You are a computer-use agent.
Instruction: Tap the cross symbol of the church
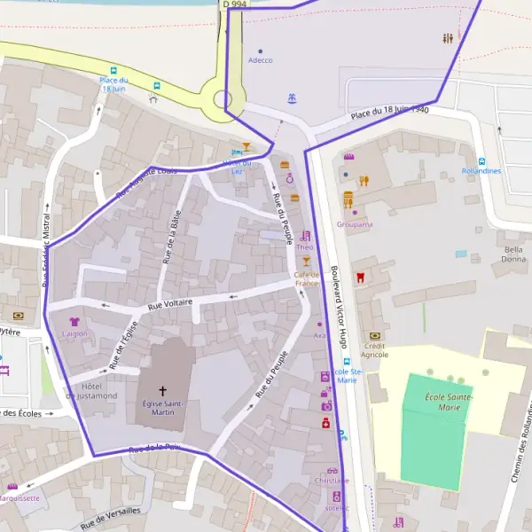click(162, 390)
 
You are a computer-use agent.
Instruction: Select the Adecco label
click(260, 60)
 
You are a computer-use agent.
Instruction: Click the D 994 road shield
click(233, 4)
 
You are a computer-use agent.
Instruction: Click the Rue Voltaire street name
click(169, 303)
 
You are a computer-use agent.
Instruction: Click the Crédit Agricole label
click(374, 349)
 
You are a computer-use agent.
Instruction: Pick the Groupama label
click(354, 224)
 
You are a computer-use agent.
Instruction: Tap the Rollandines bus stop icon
click(481, 161)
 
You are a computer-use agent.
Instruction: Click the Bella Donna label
click(513, 254)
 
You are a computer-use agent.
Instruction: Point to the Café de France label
click(307, 278)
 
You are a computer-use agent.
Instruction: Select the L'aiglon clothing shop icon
click(74, 322)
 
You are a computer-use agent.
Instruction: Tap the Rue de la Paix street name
click(154, 449)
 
